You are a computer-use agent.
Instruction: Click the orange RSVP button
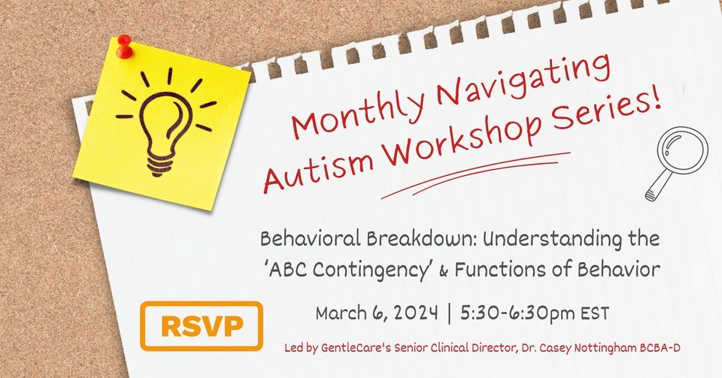[201, 326]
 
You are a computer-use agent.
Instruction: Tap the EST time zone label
[592, 313]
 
